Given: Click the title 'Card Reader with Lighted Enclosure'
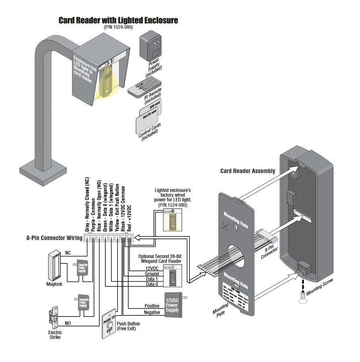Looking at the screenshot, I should point(118,20).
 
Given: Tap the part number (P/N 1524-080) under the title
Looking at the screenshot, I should point(118,27).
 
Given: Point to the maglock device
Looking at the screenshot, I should point(53,266).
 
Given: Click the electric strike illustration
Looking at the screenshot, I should point(52,318).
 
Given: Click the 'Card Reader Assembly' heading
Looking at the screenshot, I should point(248,171).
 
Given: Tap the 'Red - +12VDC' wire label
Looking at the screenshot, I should point(129,217).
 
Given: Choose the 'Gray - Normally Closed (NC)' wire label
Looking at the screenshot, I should point(87,205).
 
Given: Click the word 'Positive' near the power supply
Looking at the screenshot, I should point(152,306).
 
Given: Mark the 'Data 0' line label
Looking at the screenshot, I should point(151,284).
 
